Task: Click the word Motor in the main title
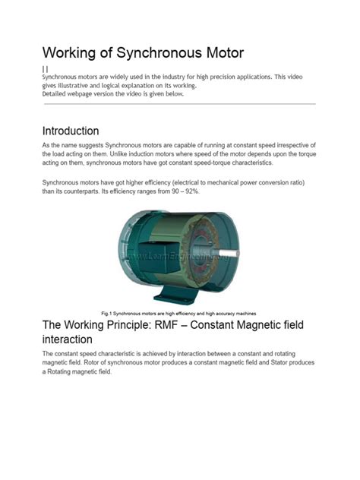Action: [x=216, y=53]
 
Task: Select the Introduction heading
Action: [x=70, y=131]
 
